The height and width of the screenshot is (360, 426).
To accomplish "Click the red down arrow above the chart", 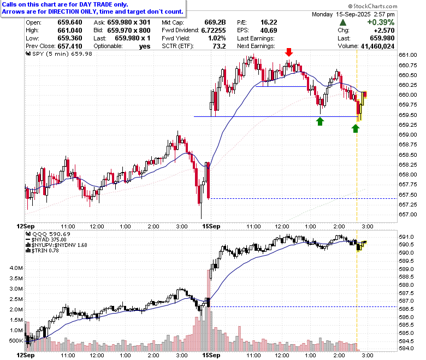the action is pyautogui.click(x=289, y=52).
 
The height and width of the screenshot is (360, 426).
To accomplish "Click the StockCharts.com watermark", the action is pyautogui.click(x=372, y=6).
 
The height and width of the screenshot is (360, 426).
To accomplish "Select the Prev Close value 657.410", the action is pyautogui.click(x=70, y=46).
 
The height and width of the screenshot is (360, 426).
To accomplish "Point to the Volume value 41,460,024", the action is pyautogui.click(x=377, y=46).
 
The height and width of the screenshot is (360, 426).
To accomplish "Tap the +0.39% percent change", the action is pyautogui.click(x=381, y=22).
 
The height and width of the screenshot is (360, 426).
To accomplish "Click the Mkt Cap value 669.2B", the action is pyautogui.click(x=215, y=22).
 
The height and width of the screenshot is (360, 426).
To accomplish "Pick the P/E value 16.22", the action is pyautogui.click(x=268, y=22).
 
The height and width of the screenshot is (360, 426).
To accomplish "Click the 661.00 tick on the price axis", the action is pyautogui.click(x=408, y=55).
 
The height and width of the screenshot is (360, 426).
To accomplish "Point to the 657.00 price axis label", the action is pyautogui.click(x=408, y=215).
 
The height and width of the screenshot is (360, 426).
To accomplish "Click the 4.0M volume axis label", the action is pyautogui.click(x=16, y=268).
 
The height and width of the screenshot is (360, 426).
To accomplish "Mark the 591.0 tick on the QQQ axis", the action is pyautogui.click(x=406, y=237).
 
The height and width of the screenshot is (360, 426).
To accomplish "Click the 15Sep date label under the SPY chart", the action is pyautogui.click(x=211, y=226).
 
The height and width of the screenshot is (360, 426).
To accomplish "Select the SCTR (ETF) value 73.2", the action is pyautogui.click(x=219, y=46).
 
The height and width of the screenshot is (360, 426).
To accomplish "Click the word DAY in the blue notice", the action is pyautogui.click(x=86, y=4).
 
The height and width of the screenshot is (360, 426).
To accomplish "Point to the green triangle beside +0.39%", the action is pyautogui.click(x=343, y=22).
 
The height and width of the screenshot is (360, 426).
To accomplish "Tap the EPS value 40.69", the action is pyautogui.click(x=268, y=31).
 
